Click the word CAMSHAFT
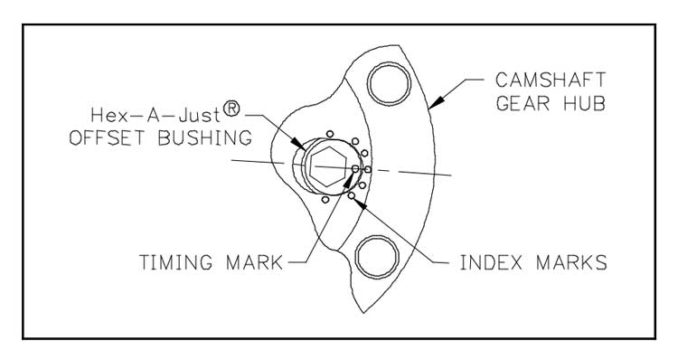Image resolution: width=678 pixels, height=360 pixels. [x=550, y=81]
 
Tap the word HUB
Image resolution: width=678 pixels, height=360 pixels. [x=585, y=103]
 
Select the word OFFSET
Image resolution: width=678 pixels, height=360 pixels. [x=108, y=137]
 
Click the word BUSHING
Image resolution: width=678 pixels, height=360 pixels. [x=205, y=137]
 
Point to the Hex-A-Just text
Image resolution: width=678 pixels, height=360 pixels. [x=155, y=116]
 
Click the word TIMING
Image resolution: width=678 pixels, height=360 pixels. [x=176, y=262]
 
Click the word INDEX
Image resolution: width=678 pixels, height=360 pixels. [x=491, y=262]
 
